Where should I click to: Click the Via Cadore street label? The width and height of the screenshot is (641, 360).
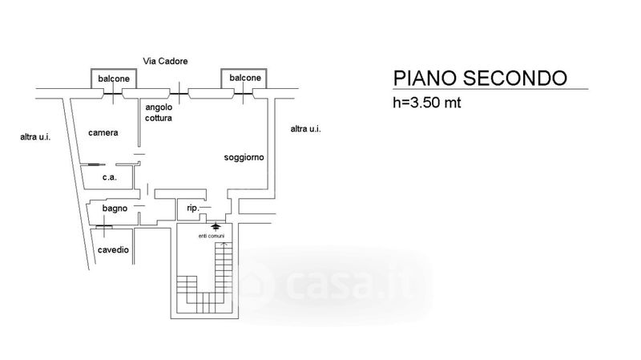click(165, 62)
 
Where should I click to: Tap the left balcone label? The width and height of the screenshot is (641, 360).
click(114, 79)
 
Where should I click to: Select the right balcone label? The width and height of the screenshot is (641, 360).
click(245, 78)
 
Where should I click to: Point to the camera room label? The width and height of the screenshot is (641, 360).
click(103, 132)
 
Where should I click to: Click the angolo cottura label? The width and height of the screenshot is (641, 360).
click(159, 112)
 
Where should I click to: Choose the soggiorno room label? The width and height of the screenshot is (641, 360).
click(244, 157)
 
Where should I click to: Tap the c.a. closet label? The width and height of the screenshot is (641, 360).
click(110, 177)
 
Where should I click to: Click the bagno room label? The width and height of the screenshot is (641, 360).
click(115, 208)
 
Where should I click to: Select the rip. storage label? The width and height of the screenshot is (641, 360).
click(192, 208)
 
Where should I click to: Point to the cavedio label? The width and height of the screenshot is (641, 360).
click(113, 249)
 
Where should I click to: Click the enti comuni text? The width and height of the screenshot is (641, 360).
click(212, 236)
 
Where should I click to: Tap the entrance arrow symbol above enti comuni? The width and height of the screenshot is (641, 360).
click(216, 226)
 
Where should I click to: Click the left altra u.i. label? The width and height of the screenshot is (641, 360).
click(35, 137)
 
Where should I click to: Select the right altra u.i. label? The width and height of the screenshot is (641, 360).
click(305, 129)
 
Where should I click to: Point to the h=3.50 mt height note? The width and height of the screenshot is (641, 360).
click(427, 103)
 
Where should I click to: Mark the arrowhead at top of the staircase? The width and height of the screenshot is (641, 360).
click(224, 245)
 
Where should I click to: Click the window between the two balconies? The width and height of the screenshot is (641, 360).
click(179, 94)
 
